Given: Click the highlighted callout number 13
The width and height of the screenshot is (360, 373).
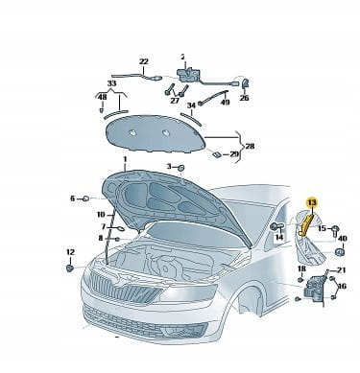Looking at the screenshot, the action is (x=312, y=202).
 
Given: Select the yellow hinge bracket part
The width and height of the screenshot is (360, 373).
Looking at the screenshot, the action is (x=306, y=225).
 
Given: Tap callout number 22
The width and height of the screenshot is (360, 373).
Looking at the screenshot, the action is (x=144, y=61).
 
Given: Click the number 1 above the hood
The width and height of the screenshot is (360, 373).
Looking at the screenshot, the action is (x=125, y=159).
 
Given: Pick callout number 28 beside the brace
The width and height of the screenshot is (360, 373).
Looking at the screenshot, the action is (x=250, y=146).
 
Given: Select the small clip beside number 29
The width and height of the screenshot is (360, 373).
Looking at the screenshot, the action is (x=216, y=154).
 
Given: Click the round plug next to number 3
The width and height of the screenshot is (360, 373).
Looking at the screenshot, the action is (x=180, y=167).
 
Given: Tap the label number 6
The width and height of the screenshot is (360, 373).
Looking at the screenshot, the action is (x=73, y=198).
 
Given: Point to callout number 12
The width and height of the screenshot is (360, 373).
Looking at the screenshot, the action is (x=70, y=252).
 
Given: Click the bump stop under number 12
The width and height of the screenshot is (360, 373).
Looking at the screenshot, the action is (x=69, y=268).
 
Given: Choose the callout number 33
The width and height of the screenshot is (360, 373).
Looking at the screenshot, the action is (x=111, y=83).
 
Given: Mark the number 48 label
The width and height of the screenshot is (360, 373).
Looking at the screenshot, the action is (x=103, y=97).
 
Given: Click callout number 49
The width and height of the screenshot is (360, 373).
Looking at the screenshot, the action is (x=226, y=103).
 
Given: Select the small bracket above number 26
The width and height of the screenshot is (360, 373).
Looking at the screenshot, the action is (x=245, y=83).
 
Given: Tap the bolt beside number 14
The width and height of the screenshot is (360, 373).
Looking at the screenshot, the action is (x=276, y=226).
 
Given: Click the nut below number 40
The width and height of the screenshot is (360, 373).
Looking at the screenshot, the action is (x=339, y=252).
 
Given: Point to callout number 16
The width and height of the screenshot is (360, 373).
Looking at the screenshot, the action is (x=342, y=286).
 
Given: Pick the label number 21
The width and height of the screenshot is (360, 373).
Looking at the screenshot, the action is (x=342, y=270).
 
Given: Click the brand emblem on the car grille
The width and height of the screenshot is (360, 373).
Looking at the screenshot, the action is (x=117, y=282).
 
